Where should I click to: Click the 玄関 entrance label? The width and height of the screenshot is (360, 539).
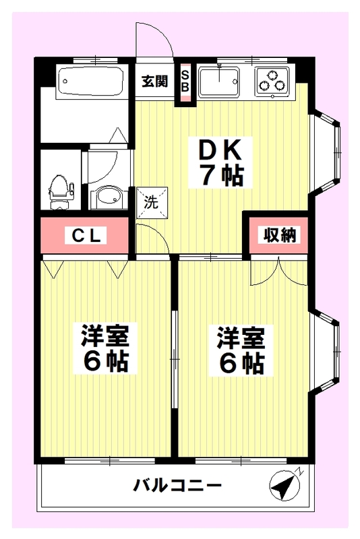pos(155,82)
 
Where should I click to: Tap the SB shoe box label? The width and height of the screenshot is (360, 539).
pos(185,81)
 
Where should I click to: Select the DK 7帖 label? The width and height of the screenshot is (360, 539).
pos(220,163)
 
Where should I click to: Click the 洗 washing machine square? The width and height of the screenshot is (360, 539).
pos(152,203)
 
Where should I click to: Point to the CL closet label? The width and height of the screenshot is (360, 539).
pos(86,236)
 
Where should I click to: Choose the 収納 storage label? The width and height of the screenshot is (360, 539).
pos(280,235)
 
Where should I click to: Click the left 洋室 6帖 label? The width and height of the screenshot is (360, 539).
pos(105,347)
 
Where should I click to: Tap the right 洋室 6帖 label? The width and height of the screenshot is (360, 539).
pos(241,350)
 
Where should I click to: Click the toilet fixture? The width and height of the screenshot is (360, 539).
pos(61,193)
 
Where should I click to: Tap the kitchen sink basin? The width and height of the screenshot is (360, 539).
pos(218,82)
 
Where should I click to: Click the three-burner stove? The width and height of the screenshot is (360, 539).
pos(272,82)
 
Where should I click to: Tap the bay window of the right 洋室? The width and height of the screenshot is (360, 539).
pos(325,350)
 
